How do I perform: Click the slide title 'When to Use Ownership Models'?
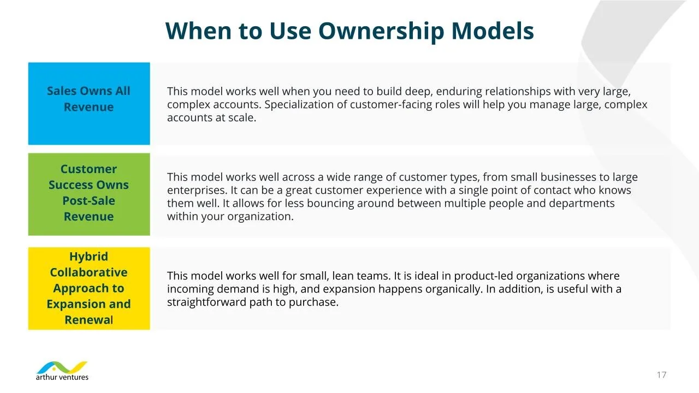point(349,31)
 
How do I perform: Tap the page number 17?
point(661,374)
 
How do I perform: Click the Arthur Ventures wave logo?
point(62,367)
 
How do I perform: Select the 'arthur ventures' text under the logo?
point(62,377)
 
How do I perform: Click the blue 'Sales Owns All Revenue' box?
point(89,104)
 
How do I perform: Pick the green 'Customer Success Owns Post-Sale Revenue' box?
point(89,194)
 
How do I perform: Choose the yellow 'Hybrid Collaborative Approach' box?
point(89,288)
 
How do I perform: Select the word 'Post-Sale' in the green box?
point(88,200)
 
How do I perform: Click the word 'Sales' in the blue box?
point(61,91)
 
